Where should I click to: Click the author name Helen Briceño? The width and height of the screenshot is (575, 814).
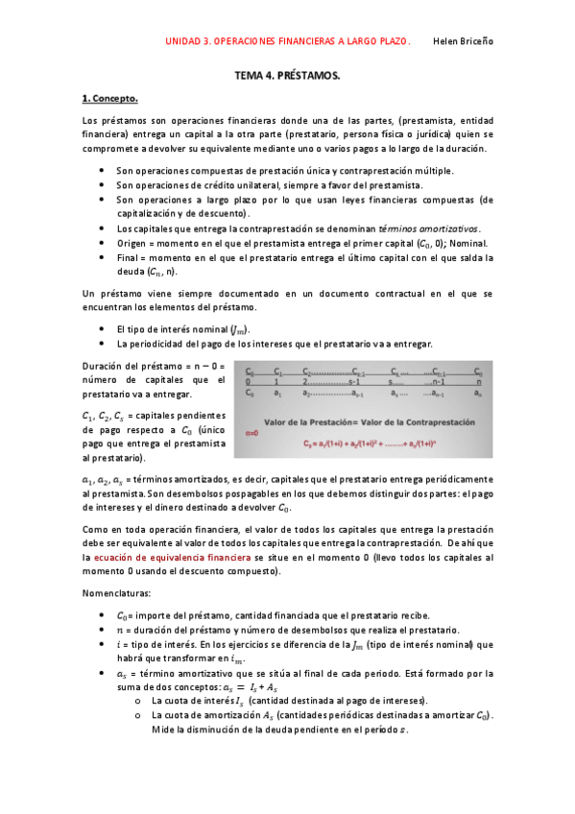(x=464, y=41)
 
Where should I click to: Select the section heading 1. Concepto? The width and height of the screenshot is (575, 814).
(x=110, y=98)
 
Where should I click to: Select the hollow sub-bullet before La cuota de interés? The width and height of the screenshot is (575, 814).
(x=140, y=701)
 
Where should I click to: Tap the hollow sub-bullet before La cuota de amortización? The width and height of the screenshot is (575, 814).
(x=140, y=716)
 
